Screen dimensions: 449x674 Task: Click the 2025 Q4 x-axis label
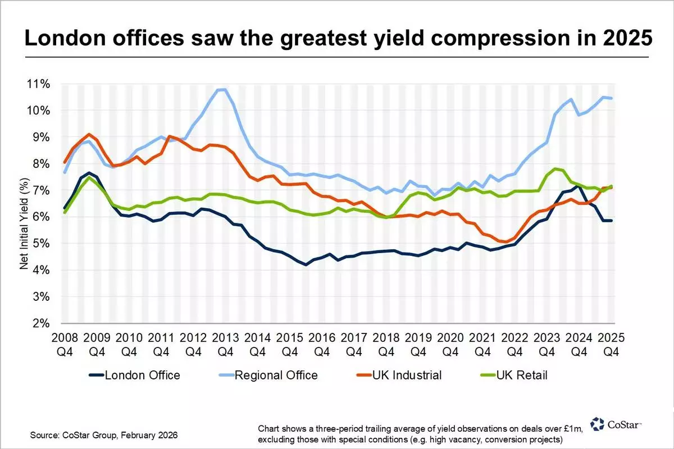(x=611, y=345)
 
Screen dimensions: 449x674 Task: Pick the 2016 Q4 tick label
(x=322, y=345)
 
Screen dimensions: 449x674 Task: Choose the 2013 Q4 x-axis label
(x=225, y=345)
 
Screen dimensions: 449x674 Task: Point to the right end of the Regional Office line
(x=611, y=98)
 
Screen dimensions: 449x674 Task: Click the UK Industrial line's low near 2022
(x=507, y=242)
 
